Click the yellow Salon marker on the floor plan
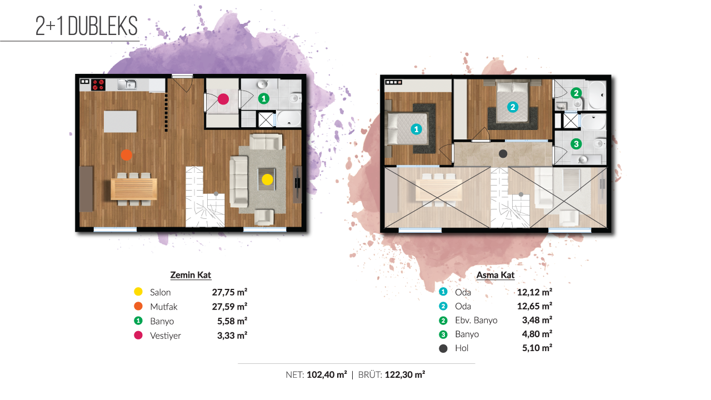[x=267, y=179]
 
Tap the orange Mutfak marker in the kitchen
[x=126, y=155]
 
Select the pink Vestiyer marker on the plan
[x=223, y=99]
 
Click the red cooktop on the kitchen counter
[x=98, y=84]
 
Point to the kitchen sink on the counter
[x=127, y=84]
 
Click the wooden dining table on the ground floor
[x=134, y=189]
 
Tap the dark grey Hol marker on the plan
[x=503, y=154]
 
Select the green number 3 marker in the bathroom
[x=576, y=144]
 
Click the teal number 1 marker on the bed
[x=416, y=129]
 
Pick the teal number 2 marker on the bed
[x=513, y=107]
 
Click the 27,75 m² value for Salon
[x=229, y=292]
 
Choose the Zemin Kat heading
[x=191, y=275]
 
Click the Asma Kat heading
[x=495, y=275]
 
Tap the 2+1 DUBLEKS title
[x=86, y=26]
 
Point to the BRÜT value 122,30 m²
[x=405, y=374]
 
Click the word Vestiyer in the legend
[x=166, y=336]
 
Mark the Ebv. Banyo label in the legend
[x=476, y=321]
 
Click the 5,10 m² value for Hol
[x=537, y=348]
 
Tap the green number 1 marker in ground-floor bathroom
[x=263, y=99]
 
